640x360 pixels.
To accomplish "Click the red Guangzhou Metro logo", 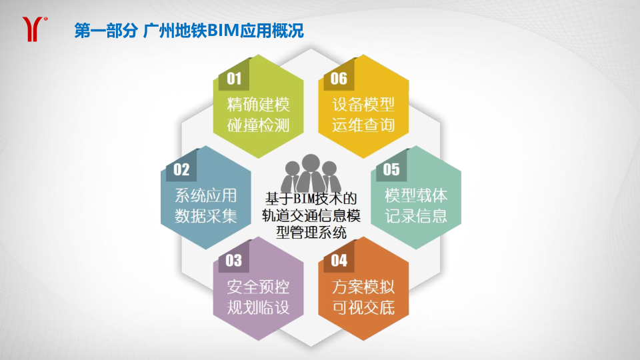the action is [33, 29].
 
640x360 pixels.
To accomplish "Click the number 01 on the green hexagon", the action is [234, 79].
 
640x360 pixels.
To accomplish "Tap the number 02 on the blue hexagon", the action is [181, 169].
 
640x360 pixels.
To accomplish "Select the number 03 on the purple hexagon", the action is [233, 261].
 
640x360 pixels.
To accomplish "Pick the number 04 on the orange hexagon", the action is [339, 261].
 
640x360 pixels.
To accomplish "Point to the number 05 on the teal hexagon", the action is [391, 169].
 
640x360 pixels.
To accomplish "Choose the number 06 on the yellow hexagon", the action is [339, 79].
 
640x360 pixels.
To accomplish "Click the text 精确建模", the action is [259, 105].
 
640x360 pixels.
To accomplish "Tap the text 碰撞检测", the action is [259, 125].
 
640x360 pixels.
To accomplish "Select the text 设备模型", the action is [363, 105].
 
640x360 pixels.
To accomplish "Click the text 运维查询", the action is [363, 125].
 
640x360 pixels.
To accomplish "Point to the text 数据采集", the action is [206, 216].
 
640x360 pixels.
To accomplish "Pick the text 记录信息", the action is [416, 216].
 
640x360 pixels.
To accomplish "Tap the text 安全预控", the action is [259, 287].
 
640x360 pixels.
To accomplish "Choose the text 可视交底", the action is [363, 307].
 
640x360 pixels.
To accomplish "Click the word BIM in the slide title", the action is [223, 31].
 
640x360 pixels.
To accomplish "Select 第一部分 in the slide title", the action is [106, 31].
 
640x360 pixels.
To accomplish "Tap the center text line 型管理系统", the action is [311, 232].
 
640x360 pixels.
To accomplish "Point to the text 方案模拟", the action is [363, 287].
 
